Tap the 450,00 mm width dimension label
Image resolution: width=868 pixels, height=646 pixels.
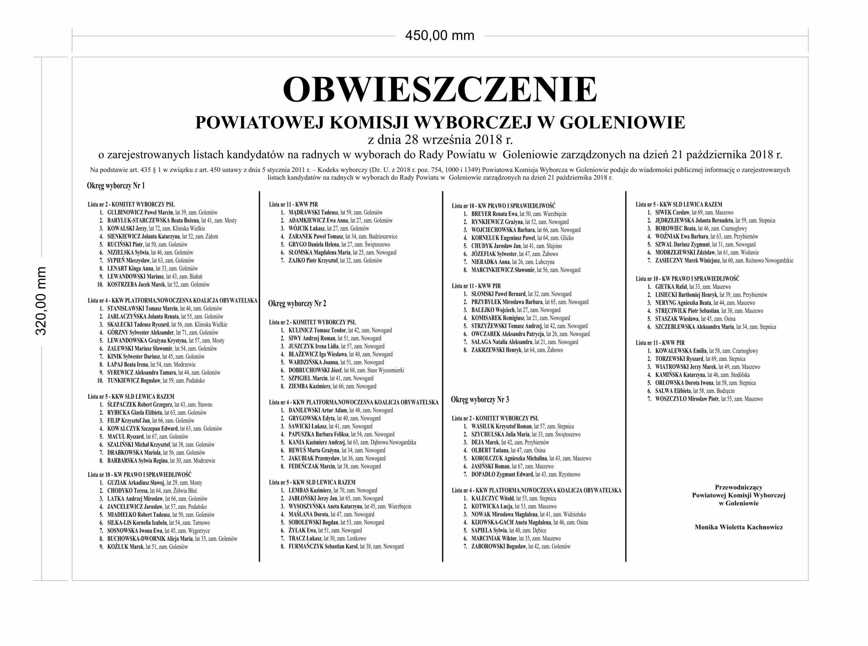click(x=440, y=35)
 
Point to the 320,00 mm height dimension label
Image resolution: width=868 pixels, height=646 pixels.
click(x=41, y=301)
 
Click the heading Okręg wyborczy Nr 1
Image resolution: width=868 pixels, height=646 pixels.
click(x=116, y=186)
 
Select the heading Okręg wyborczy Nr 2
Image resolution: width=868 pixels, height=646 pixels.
click(x=297, y=304)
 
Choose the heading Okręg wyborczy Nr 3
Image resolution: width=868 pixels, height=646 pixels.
click(x=480, y=399)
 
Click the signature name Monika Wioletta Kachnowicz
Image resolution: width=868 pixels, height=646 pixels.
click(x=738, y=527)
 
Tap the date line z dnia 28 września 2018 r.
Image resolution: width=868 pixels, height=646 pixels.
click(x=440, y=139)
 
